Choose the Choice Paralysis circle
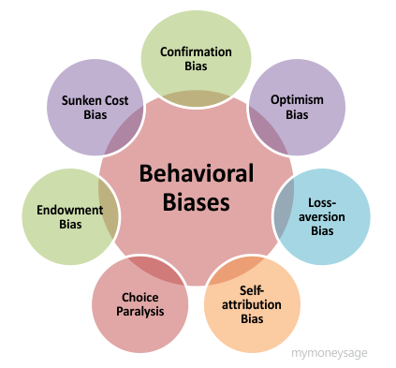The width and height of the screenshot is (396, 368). coord(139,303)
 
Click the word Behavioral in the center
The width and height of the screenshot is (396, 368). coord(197,174)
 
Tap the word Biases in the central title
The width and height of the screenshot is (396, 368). coord(196,200)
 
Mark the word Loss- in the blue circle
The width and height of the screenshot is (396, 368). coord(323,201)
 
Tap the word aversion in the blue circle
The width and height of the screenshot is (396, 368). coord(323,215)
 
